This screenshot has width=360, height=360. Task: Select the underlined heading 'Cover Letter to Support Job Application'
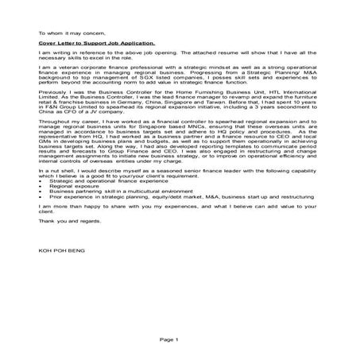pyautogui.click(x=97, y=44)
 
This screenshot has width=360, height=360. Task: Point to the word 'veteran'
pyautogui.click(x=63, y=69)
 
